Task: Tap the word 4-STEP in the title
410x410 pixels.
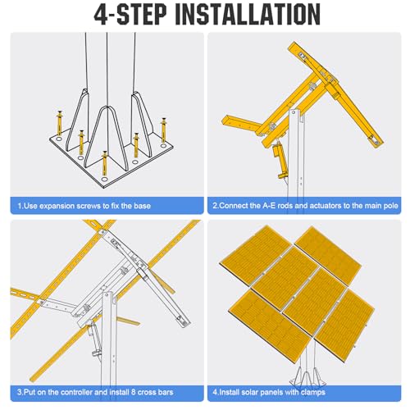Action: tap(130, 15)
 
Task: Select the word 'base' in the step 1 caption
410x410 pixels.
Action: tap(142, 206)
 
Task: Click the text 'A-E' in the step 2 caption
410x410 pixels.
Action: tap(269, 206)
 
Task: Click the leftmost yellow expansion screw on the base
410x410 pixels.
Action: tap(59, 123)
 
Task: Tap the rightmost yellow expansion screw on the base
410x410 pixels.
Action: tap(163, 130)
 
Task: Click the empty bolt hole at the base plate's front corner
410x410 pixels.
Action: tap(104, 179)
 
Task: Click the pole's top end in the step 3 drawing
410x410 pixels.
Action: tap(107, 293)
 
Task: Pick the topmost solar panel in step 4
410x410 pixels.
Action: tap(328, 255)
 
